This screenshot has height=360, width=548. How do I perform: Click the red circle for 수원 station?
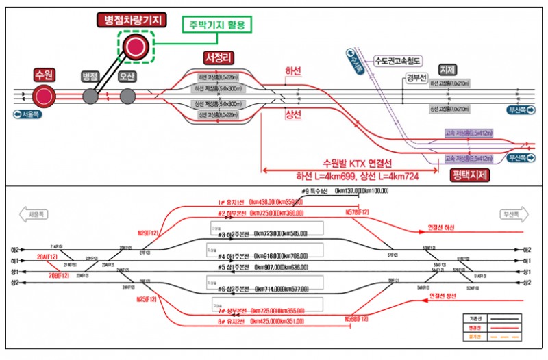coord(44,96)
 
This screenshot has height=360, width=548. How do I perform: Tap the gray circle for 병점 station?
coord(90,96)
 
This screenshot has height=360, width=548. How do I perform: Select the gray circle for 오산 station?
coord(127,96)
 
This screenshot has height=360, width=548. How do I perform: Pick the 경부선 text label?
coord(416,77)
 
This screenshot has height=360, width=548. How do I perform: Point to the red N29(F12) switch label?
coord(147,233)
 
